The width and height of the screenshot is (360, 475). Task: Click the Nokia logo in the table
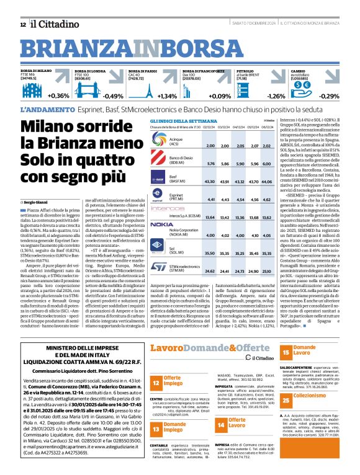(162, 224)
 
